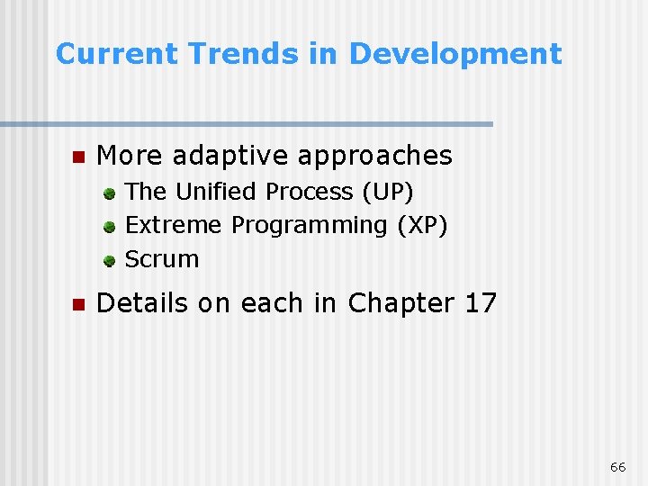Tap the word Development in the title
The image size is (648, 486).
[x=454, y=54]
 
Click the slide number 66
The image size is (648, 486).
[x=617, y=467]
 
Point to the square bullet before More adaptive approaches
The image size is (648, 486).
[x=76, y=157]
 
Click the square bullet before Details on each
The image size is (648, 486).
[x=76, y=304]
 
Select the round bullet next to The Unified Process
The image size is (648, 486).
[x=108, y=193]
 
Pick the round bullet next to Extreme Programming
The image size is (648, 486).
[x=108, y=226]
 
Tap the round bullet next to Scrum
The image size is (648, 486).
[x=108, y=260]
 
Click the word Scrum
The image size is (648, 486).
[x=162, y=259]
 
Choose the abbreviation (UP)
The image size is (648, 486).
[x=387, y=192]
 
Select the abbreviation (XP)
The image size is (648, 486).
[x=421, y=225]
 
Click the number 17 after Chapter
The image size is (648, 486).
[x=481, y=303]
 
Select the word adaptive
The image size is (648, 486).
[x=231, y=157]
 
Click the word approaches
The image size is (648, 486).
[x=375, y=157]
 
